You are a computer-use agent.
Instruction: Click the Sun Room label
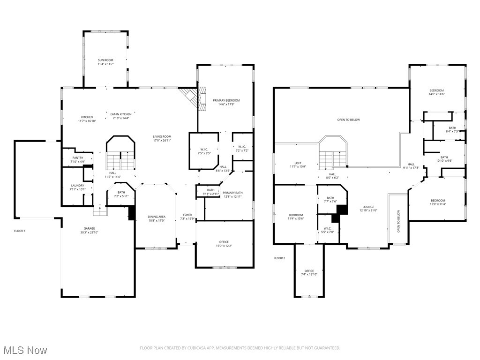[x=105, y=60]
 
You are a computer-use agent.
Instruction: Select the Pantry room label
[x=77, y=158]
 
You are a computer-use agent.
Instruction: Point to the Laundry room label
[x=77, y=186]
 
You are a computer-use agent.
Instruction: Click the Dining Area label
[x=157, y=217]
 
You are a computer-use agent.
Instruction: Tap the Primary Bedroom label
[x=226, y=100]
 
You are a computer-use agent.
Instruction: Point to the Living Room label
[x=162, y=136]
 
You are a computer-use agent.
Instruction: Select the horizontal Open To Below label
[x=348, y=120]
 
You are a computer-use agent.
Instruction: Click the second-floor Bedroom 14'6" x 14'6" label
[x=436, y=90]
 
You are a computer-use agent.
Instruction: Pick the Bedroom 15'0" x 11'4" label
[x=438, y=201]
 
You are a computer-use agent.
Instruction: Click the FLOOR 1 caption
[x=19, y=231]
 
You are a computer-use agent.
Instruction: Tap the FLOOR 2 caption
[x=279, y=258]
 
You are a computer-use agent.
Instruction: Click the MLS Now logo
[x=24, y=350]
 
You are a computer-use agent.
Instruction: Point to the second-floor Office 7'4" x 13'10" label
[x=309, y=271]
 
